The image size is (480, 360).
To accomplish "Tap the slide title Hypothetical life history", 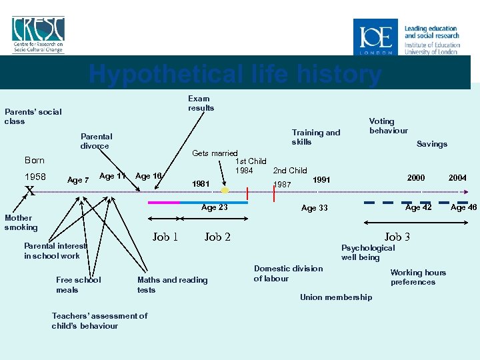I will pyautogui.click(x=235, y=74).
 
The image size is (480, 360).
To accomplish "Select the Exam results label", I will pyautogui.click(x=201, y=103).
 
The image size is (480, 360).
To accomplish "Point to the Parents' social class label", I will pyautogui.click(x=33, y=117).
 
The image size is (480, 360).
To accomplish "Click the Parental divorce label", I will pyautogui.click(x=96, y=141).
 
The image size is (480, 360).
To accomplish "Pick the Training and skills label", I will pyautogui.click(x=315, y=137).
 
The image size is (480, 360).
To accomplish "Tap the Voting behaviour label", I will pyautogui.click(x=388, y=126).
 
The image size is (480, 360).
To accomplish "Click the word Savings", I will pyautogui.click(x=431, y=144).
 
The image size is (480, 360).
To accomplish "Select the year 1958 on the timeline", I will pyautogui.click(x=35, y=177).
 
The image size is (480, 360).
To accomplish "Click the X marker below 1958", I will pyautogui.click(x=29, y=191).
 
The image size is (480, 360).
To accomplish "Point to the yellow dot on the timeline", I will pyautogui.click(x=225, y=191).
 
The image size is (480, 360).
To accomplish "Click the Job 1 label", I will pyautogui.click(x=165, y=237).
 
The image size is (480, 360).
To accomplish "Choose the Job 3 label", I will pyautogui.click(x=397, y=237).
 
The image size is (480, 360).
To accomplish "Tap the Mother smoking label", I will pyautogui.click(x=21, y=223).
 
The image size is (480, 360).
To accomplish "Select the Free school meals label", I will pyautogui.click(x=78, y=285).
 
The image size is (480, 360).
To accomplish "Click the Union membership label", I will pyautogui.click(x=336, y=297).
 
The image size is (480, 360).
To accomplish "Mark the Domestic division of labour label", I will pyautogui.click(x=288, y=273).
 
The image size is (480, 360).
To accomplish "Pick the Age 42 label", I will pyautogui.click(x=419, y=207).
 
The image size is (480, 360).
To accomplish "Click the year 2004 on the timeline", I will pyautogui.click(x=457, y=178).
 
